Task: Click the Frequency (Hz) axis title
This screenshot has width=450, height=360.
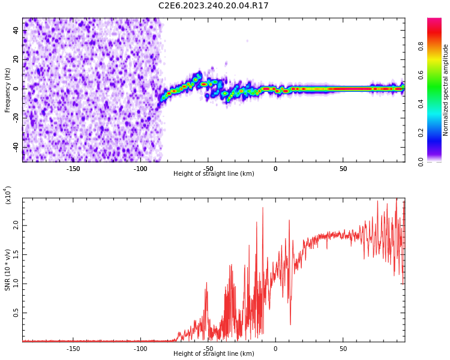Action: pos(8,89)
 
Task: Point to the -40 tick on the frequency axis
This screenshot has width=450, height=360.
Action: pos(15,147)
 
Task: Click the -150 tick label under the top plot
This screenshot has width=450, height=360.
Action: pos(73,169)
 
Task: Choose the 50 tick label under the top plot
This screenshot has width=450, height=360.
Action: pos(343,169)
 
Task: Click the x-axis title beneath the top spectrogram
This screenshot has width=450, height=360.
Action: pos(214,174)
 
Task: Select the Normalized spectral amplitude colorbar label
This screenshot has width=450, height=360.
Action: pos(446,89)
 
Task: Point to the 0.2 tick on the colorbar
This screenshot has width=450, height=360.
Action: pos(421,133)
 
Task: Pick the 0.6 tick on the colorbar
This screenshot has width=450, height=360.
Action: pos(421,75)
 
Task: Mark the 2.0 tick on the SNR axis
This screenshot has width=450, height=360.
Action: pos(15,226)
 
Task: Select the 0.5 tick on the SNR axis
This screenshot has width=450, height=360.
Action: pos(15,313)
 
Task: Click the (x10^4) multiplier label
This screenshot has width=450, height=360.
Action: pos(8,195)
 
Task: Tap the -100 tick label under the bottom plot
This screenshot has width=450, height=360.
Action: pos(140,349)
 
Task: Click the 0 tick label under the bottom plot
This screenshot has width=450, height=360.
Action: pos(275,349)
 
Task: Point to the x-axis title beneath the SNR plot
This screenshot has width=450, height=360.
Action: pos(214,354)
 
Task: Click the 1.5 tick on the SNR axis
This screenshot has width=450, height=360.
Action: pos(15,255)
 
